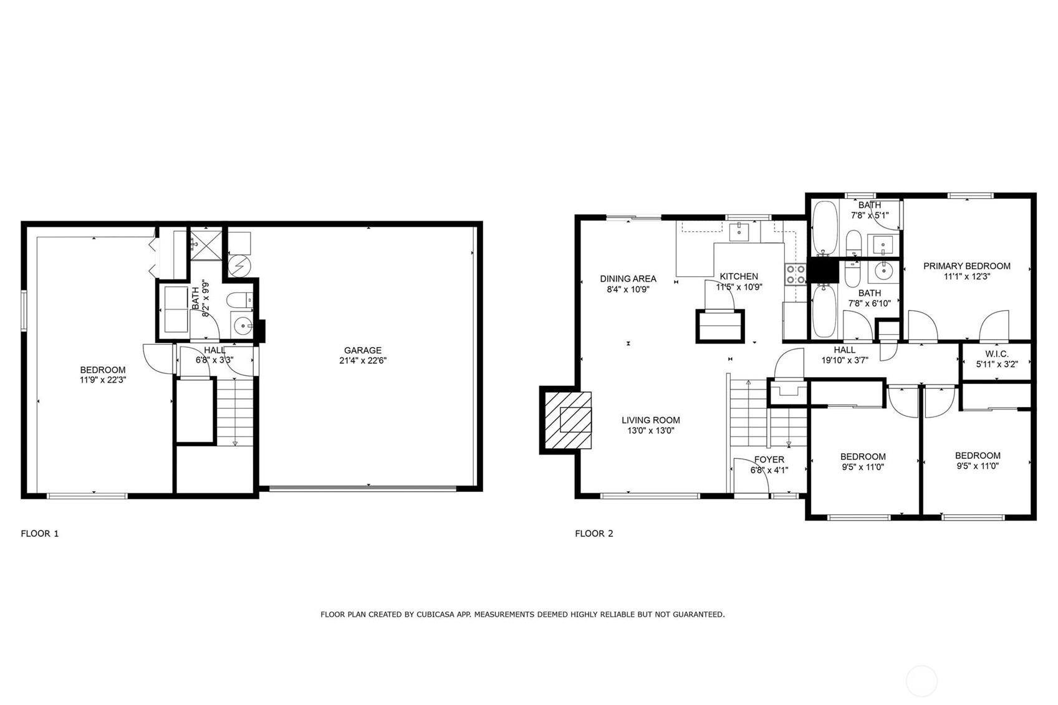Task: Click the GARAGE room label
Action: point(362,350)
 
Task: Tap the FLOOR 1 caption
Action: point(40,534)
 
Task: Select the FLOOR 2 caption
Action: point(594,534)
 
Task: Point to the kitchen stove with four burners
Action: point(796,275)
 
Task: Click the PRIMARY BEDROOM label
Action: point(967,266)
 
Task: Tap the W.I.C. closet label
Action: point(997,354)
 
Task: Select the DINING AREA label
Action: point(628,279)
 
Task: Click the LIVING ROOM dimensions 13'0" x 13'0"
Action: point(650,431)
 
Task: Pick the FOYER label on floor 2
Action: point(769,460)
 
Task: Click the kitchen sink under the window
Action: point(739,232)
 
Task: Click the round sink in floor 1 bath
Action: point(243,325)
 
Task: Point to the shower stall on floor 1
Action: point(206,244)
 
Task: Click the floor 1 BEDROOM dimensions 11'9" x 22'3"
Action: point(103,380)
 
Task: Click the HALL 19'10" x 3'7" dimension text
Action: point(845,360)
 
